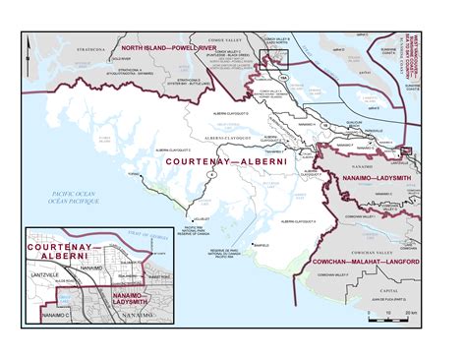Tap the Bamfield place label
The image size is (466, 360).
pyautogui.click(x=260, y=244)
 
